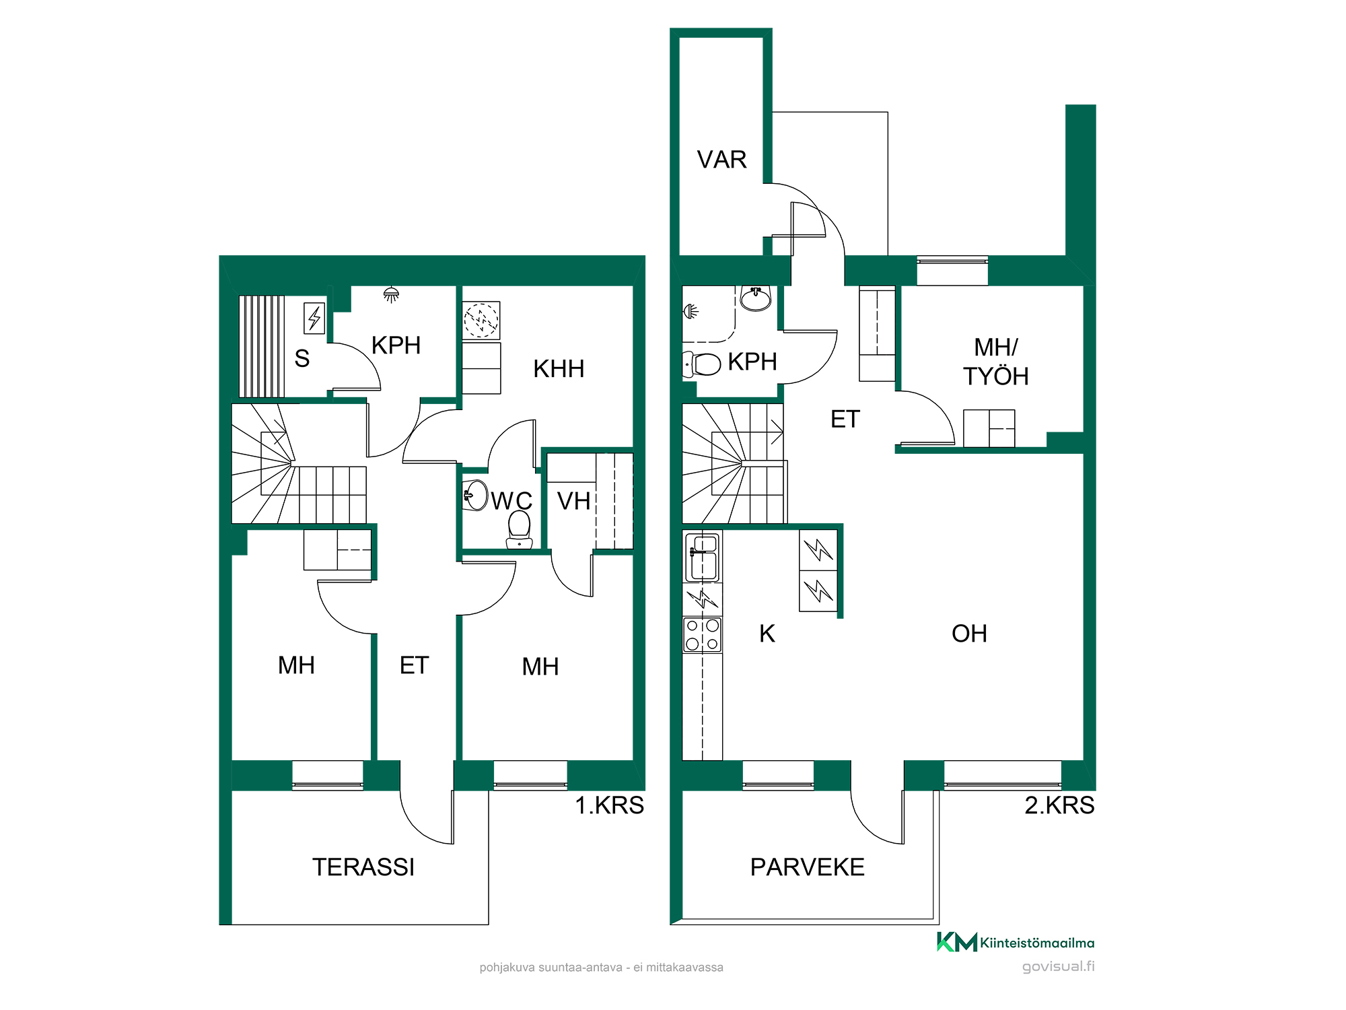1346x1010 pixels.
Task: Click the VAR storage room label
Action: (x=721, y=160)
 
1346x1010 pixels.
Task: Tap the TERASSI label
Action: (x=363, y=867)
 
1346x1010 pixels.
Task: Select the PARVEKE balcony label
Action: (x=808, y=867)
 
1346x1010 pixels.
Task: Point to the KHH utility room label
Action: (x=559, y=369)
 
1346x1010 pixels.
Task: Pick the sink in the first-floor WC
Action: (x=476, y=496)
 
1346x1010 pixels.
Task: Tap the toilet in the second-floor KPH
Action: (x=701, y=364)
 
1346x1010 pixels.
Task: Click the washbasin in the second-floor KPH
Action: (x=756, y=298)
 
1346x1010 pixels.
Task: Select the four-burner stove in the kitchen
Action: (x=702, y=635)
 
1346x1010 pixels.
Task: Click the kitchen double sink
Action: (x=702, y=557)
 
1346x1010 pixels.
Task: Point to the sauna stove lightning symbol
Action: (x=314, y=318)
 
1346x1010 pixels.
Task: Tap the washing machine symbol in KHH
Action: (x=481, y=320)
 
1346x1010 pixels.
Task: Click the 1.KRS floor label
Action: (x=610, y=805)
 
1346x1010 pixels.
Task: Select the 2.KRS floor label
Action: (x=1059, y=805)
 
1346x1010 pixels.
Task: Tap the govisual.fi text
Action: (x=1059, y=967)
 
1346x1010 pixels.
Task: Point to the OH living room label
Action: (x=969, y=634)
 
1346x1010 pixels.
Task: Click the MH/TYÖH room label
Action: (x=996, y=362)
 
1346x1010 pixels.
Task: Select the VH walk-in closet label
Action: (x=573, y=501)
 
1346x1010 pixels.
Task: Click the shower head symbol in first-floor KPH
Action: (x=391, y=294)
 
